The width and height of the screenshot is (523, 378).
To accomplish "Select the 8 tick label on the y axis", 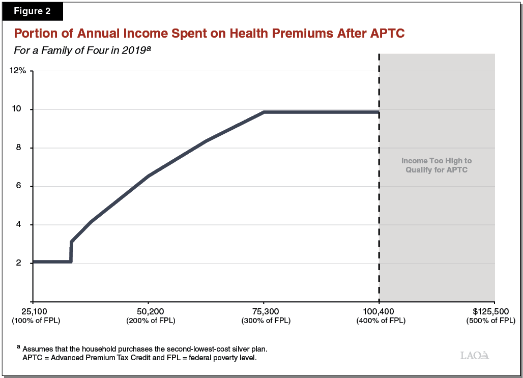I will (x=23, y=148).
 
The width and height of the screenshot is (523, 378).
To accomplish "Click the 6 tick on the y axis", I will (x=23, y=186).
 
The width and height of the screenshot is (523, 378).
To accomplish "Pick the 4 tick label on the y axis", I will (x=23, y=225).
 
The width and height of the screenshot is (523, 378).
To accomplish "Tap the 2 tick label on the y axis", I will (x=23, y=263).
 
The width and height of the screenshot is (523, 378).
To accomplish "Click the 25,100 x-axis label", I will (x=34, y=311).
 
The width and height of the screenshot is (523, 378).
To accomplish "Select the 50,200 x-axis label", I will (x=149, y=311).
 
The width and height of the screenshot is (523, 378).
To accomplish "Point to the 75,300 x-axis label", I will (x=264, y=311).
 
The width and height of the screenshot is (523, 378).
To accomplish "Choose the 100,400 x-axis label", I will (x=379, y=311).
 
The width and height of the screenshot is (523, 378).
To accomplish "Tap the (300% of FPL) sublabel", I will (x=264, y=321).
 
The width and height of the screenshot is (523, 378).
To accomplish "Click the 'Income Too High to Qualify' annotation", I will (x=437, y=165).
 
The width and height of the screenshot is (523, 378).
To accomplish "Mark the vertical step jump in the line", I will (x=71, y=252).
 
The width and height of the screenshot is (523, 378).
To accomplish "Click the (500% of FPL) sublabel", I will (x=490, y=321).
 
